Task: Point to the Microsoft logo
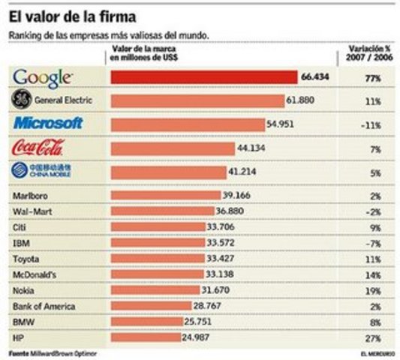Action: coord(48,122)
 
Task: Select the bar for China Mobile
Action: coord(168,172)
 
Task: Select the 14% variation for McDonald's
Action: coord(374,274)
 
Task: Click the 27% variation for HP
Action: coord(374,337)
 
